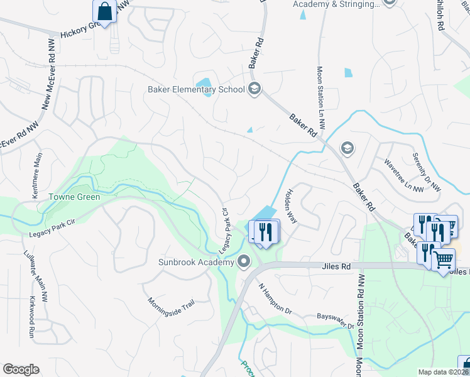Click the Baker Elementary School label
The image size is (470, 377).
[195, 89]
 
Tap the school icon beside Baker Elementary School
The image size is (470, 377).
[254, 88]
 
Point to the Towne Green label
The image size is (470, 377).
[66, 196]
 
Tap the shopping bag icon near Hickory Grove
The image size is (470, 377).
[104, 11]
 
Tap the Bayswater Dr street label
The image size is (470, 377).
[336, 321]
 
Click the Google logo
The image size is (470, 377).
[21, 369]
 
